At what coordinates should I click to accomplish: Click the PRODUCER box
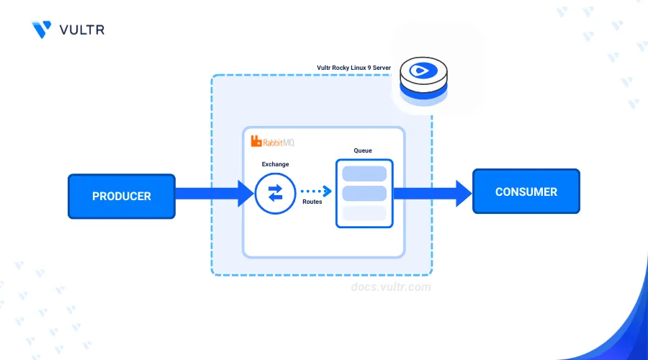[x=122, y=197]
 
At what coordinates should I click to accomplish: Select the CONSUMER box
[x=526, y=192]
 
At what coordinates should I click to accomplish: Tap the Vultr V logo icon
[x=41, y=30]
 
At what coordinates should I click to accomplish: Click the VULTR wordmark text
[x=82, y=30]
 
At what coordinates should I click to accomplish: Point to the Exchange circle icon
[x=275, y=193]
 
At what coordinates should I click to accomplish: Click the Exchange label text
[x=275, y=164]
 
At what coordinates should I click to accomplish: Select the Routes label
[x=312, y=202]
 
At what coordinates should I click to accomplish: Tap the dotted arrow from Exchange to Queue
[x=316, y=191]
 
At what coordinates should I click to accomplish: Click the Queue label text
[x=363, y=150]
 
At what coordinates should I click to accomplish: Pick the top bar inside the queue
[x=364, y=174]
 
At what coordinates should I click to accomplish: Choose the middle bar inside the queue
[x=364, y=193]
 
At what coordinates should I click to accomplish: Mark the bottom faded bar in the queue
[x=364, y=213]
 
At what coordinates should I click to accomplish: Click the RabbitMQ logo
[x=272, y=142]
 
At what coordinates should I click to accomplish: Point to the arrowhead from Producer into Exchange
[x=246, y=194]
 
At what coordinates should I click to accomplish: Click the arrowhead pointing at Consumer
[x=464, y=194]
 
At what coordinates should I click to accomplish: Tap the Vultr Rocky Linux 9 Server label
[x=354, y=68]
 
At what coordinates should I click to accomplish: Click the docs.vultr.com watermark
[x=391, y=287]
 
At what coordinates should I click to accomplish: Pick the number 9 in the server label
[x=369, y=68]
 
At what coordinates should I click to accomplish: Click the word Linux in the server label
[x=357, y=68]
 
